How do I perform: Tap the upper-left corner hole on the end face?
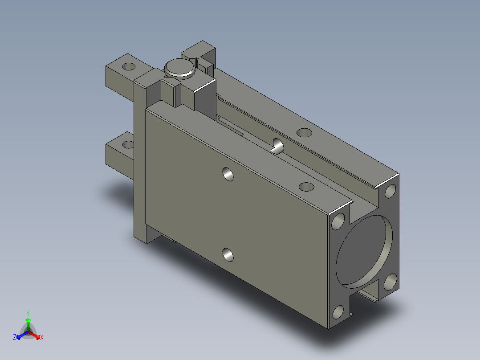point(338,221)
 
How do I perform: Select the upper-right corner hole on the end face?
point(391,191)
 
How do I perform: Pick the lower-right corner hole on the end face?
point(391,282)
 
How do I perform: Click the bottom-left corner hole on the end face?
point(338,312)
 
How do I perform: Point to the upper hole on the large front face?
point(228,174)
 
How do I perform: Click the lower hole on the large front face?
point(228,254)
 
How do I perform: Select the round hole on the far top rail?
point(304,133)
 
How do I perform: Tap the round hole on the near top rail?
point(306,187)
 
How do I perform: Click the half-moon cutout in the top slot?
point(278,146)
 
